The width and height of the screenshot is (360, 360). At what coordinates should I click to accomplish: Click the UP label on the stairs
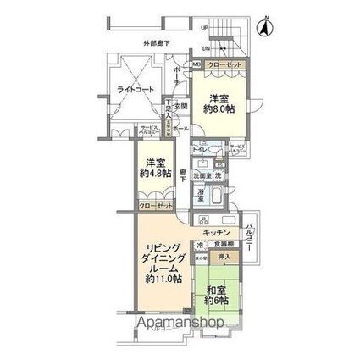204,27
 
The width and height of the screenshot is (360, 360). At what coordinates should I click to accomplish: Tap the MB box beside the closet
197,64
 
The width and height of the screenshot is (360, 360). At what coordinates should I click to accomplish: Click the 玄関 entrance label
181,107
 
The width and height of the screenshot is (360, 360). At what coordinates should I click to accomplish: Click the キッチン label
217,231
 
